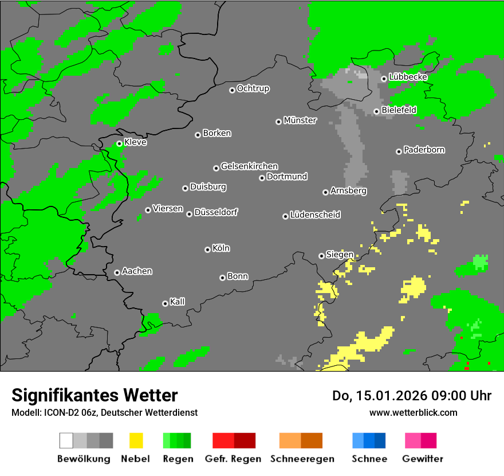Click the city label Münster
click(x=300, y=120)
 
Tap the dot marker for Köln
click(x=207, y=249)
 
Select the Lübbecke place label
click(x=408, y=77)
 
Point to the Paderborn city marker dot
click(x=399, y=151)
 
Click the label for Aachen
click(x=137, y=271)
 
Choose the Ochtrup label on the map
click(x=253, y=89)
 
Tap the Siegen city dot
click(x=321, y=256)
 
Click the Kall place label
click(x=177, y=302)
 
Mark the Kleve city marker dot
click(x=119, y=143)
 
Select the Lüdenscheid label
click(x=315, y=215)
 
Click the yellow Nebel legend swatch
click(x=136, y=440)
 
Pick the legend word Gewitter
click(x=422, y=459)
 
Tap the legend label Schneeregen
click(x=301, y=459)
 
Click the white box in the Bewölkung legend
click(x=66, y=440)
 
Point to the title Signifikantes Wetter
click(x=94, y=395)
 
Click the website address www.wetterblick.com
click(x=413, y=412)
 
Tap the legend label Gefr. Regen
click(x=233, y=459)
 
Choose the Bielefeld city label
click(x=399, y=110)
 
